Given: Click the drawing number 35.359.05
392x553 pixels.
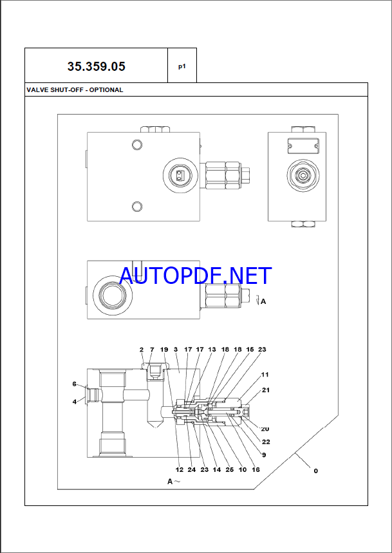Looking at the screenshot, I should [96, 66].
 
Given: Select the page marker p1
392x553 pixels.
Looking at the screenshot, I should [182, 66].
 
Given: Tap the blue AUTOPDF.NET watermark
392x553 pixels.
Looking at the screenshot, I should [196, 276].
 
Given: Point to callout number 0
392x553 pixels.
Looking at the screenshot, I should [315, 471].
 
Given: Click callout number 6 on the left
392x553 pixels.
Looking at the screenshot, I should [75, 384].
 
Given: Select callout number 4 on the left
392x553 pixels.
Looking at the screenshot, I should [75, 402].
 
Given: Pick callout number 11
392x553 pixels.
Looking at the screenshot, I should [265, 375].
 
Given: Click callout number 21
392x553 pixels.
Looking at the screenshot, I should [266, 390].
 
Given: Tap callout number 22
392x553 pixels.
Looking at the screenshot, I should [266, 442].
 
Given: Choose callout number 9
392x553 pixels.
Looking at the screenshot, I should [263, 455].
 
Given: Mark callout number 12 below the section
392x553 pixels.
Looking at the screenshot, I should [179, 470].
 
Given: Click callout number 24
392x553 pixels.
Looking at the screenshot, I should [191, 470].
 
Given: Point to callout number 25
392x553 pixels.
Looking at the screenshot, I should [230, 470].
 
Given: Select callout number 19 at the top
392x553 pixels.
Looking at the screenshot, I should [164, 350].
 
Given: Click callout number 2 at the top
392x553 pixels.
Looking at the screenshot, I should [142, 350].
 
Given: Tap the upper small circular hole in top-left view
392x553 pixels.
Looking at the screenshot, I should [136, 143].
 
